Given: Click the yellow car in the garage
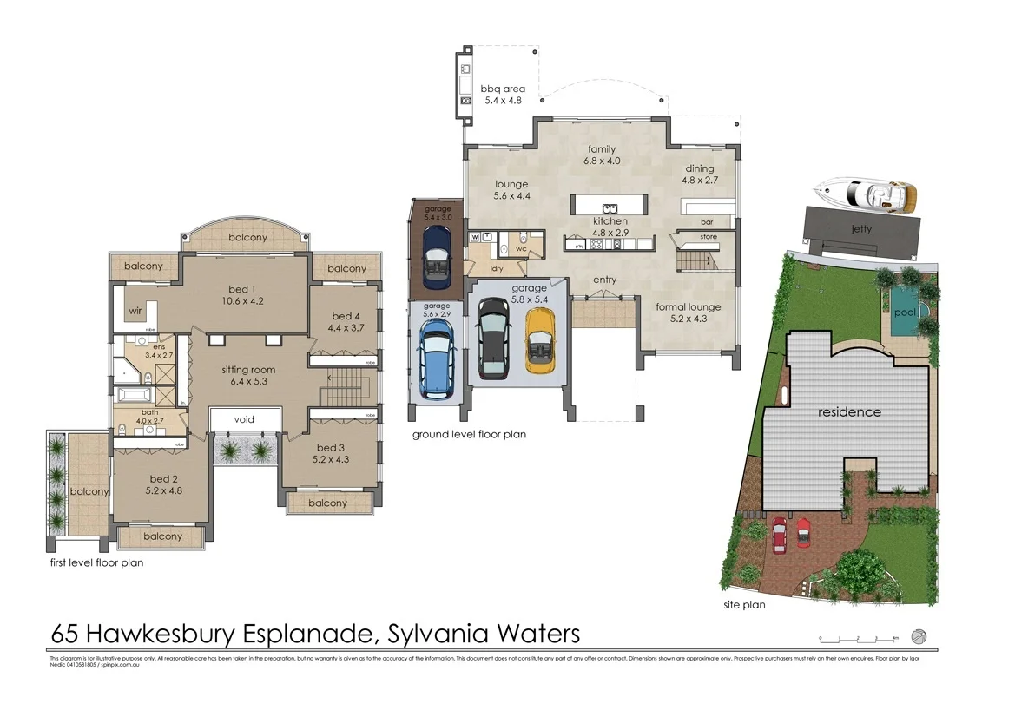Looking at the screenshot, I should click(540, 341).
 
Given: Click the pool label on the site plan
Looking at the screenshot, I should click(905, 312).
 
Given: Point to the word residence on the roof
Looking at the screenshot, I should click(849, 412).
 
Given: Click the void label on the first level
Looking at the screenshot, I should click(244, 420).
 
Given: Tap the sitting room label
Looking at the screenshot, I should click(249, 370).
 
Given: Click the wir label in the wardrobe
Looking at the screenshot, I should click(135, 310).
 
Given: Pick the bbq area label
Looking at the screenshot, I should click(503, 88).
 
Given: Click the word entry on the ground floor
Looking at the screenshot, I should click(605, 280).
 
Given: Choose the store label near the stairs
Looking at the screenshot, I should click(709, 236).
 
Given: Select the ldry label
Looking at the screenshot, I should click(497, 268).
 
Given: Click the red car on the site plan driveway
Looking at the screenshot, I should click(779, 534).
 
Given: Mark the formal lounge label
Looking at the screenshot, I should click(688, 307).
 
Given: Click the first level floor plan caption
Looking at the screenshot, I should click(96, 562).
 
